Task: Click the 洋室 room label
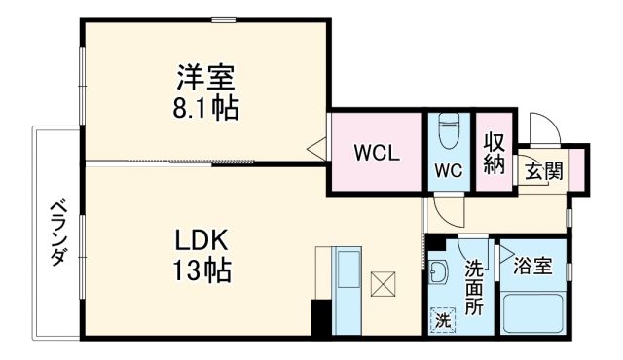(204, 75)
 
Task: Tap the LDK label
(202, 240)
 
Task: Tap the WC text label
(448, 169)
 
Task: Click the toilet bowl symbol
(450, 130)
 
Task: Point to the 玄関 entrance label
(544, 171)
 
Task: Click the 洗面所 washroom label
(474, 286)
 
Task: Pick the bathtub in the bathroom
(532, 313)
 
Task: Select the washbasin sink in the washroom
(437, 272)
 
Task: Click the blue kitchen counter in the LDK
(346, 291)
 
